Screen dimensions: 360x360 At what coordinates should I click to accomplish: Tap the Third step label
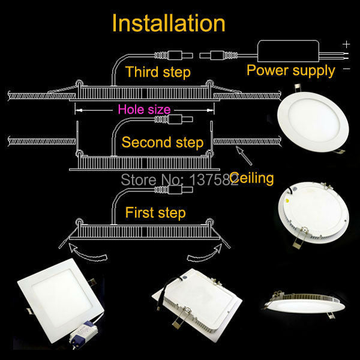[158, 73]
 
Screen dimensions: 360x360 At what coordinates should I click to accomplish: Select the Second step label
[162, 143]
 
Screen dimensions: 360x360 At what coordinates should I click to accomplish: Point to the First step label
[155, 212]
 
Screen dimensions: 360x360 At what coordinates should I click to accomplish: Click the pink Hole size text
[144, 109]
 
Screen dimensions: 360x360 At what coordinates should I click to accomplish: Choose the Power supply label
[291, 71]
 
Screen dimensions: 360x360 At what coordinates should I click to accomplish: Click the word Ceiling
[251, 178]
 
